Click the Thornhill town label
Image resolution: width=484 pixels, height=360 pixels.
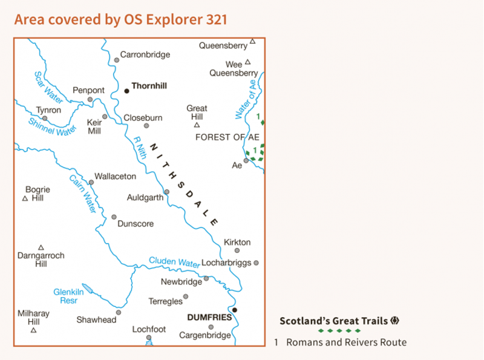click(x=149, y=86)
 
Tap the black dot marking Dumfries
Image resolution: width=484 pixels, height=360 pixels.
click(x=235, y=310)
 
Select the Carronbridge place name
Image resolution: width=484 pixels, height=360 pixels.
click(x=145, y=54)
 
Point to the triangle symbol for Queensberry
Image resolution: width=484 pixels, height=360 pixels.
click(x=253, y=41)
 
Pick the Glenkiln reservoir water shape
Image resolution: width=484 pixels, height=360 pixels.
click(x=88, y=289)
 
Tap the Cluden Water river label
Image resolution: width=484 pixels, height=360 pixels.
click(x=175, y=262)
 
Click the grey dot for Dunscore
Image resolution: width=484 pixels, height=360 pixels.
click(x=114, y=217)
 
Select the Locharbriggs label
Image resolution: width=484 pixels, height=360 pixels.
click(x=225, y=263)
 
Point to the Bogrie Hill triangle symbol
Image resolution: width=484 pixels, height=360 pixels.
click(x=25, y=198)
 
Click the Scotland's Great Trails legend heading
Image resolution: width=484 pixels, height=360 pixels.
click(x=335, y=321)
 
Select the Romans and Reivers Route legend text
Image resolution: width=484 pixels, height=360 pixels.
click(x=346, y=342)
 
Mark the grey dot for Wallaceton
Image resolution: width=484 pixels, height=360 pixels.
click(x=91, y=182)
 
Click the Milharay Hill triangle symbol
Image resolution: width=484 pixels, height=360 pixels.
click(x=33, y=330)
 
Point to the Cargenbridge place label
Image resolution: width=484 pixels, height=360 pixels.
click(x=205, y=335)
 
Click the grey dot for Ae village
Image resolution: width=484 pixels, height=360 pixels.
click(x=246, y=161)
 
